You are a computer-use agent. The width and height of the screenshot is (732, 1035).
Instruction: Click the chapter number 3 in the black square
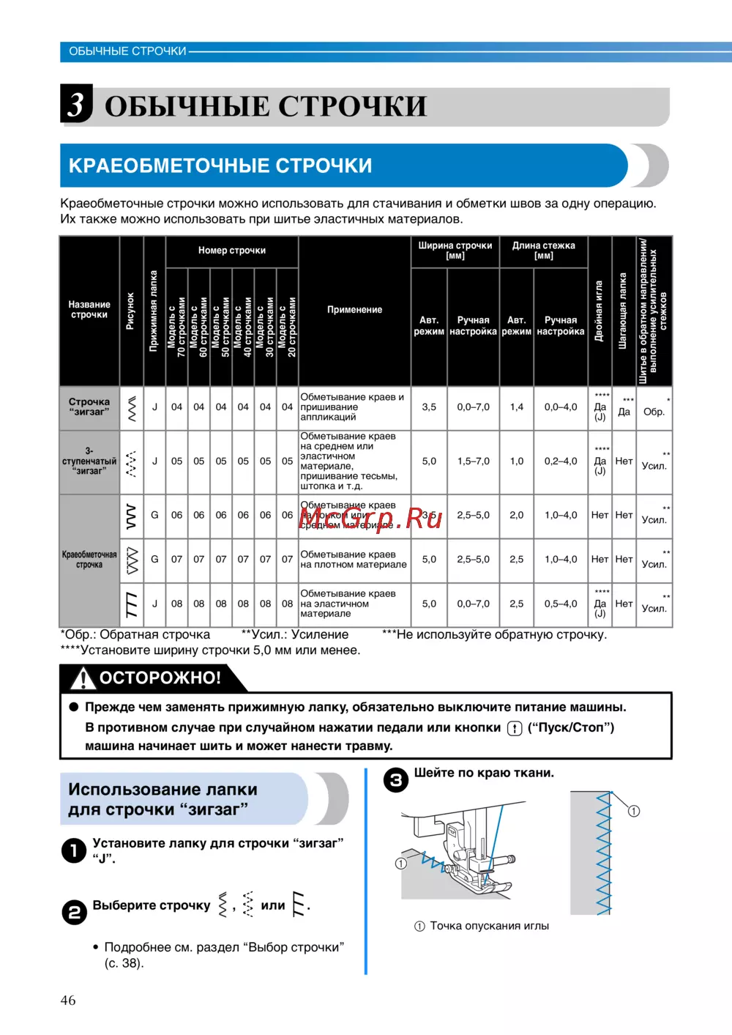(x=76, y=104)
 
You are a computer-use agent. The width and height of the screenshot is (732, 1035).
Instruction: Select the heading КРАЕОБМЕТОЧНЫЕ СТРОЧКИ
(x=220, y=166)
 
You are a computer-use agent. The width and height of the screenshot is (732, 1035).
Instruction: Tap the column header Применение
(x=354, y=310)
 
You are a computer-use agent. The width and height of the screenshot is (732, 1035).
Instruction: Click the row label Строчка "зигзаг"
(x=89, y=407)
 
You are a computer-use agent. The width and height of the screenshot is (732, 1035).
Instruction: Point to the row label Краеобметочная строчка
(x=89, y=560)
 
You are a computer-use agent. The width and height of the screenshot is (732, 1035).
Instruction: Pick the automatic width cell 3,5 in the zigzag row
(x=429, y=407)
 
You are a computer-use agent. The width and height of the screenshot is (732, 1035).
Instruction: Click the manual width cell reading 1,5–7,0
(x=473, y=461)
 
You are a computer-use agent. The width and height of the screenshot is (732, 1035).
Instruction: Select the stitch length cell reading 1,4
(x=517, y=407)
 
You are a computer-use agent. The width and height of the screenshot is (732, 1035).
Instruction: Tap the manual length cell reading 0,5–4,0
(x=561, y=604)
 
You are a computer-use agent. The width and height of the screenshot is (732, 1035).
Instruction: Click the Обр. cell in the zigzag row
(x=654, y=412)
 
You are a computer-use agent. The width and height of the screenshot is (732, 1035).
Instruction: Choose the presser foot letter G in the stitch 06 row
(x=154, y=515)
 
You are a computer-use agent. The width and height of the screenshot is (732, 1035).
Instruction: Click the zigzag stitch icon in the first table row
(x=132, y=408)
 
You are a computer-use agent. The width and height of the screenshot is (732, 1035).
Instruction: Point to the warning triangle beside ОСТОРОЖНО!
(x=83, y=678)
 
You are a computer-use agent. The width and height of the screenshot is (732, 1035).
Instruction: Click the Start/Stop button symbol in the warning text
(x=515, y=728)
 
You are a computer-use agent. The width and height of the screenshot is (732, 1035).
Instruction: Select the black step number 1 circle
(x=74, y=850)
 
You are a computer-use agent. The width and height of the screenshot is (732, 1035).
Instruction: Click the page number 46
(x=68, y=1000)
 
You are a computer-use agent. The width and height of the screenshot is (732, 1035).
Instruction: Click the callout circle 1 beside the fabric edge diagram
(x=634, y=811)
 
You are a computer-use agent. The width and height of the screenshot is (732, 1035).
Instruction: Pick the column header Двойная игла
(x=600, y=311)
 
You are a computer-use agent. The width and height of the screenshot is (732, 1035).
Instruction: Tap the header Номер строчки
(x=232, y=251)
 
